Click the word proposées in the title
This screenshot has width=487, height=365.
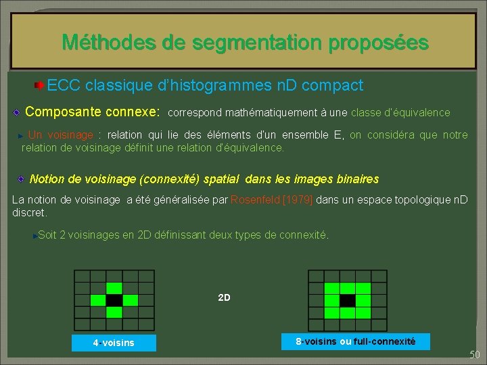click(x=378, y=43)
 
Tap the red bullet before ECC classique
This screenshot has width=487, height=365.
click(x=40, y=86)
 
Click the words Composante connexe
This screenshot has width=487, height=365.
click(x=92, y=111)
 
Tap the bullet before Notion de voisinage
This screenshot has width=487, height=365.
click(x=21, y=179)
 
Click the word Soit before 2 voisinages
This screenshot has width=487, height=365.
click(x=47, y=235)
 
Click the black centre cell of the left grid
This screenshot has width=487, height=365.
click(x=114, y=299)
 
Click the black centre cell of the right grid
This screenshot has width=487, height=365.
click(x=348, y=299)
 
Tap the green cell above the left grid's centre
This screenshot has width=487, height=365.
click(x=114, y=287)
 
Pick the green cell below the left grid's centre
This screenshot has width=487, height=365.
click(x=114, y=312)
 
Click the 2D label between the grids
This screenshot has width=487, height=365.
click(x=224, y=297)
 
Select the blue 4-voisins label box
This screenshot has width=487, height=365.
click(x=114, y=343)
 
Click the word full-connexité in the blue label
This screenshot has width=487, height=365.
click(x=384, y=341)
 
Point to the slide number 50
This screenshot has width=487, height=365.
click(x=474, y=355)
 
